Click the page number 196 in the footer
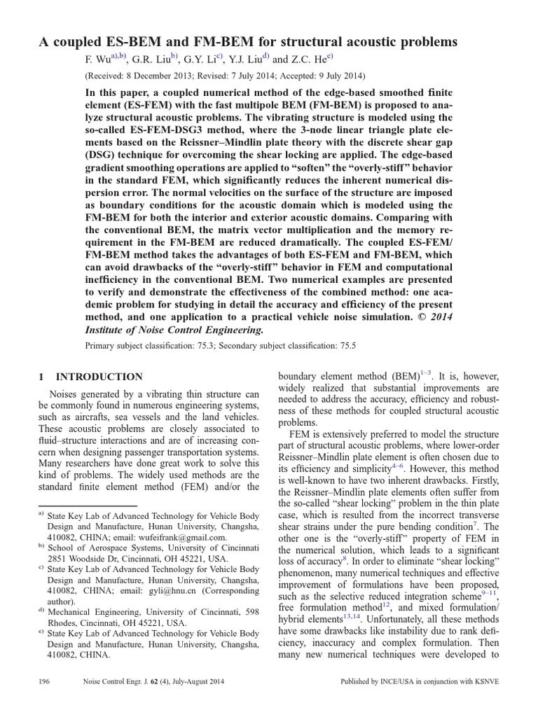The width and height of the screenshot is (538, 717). pos(46,681)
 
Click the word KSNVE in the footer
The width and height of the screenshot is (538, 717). pos(485,681)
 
